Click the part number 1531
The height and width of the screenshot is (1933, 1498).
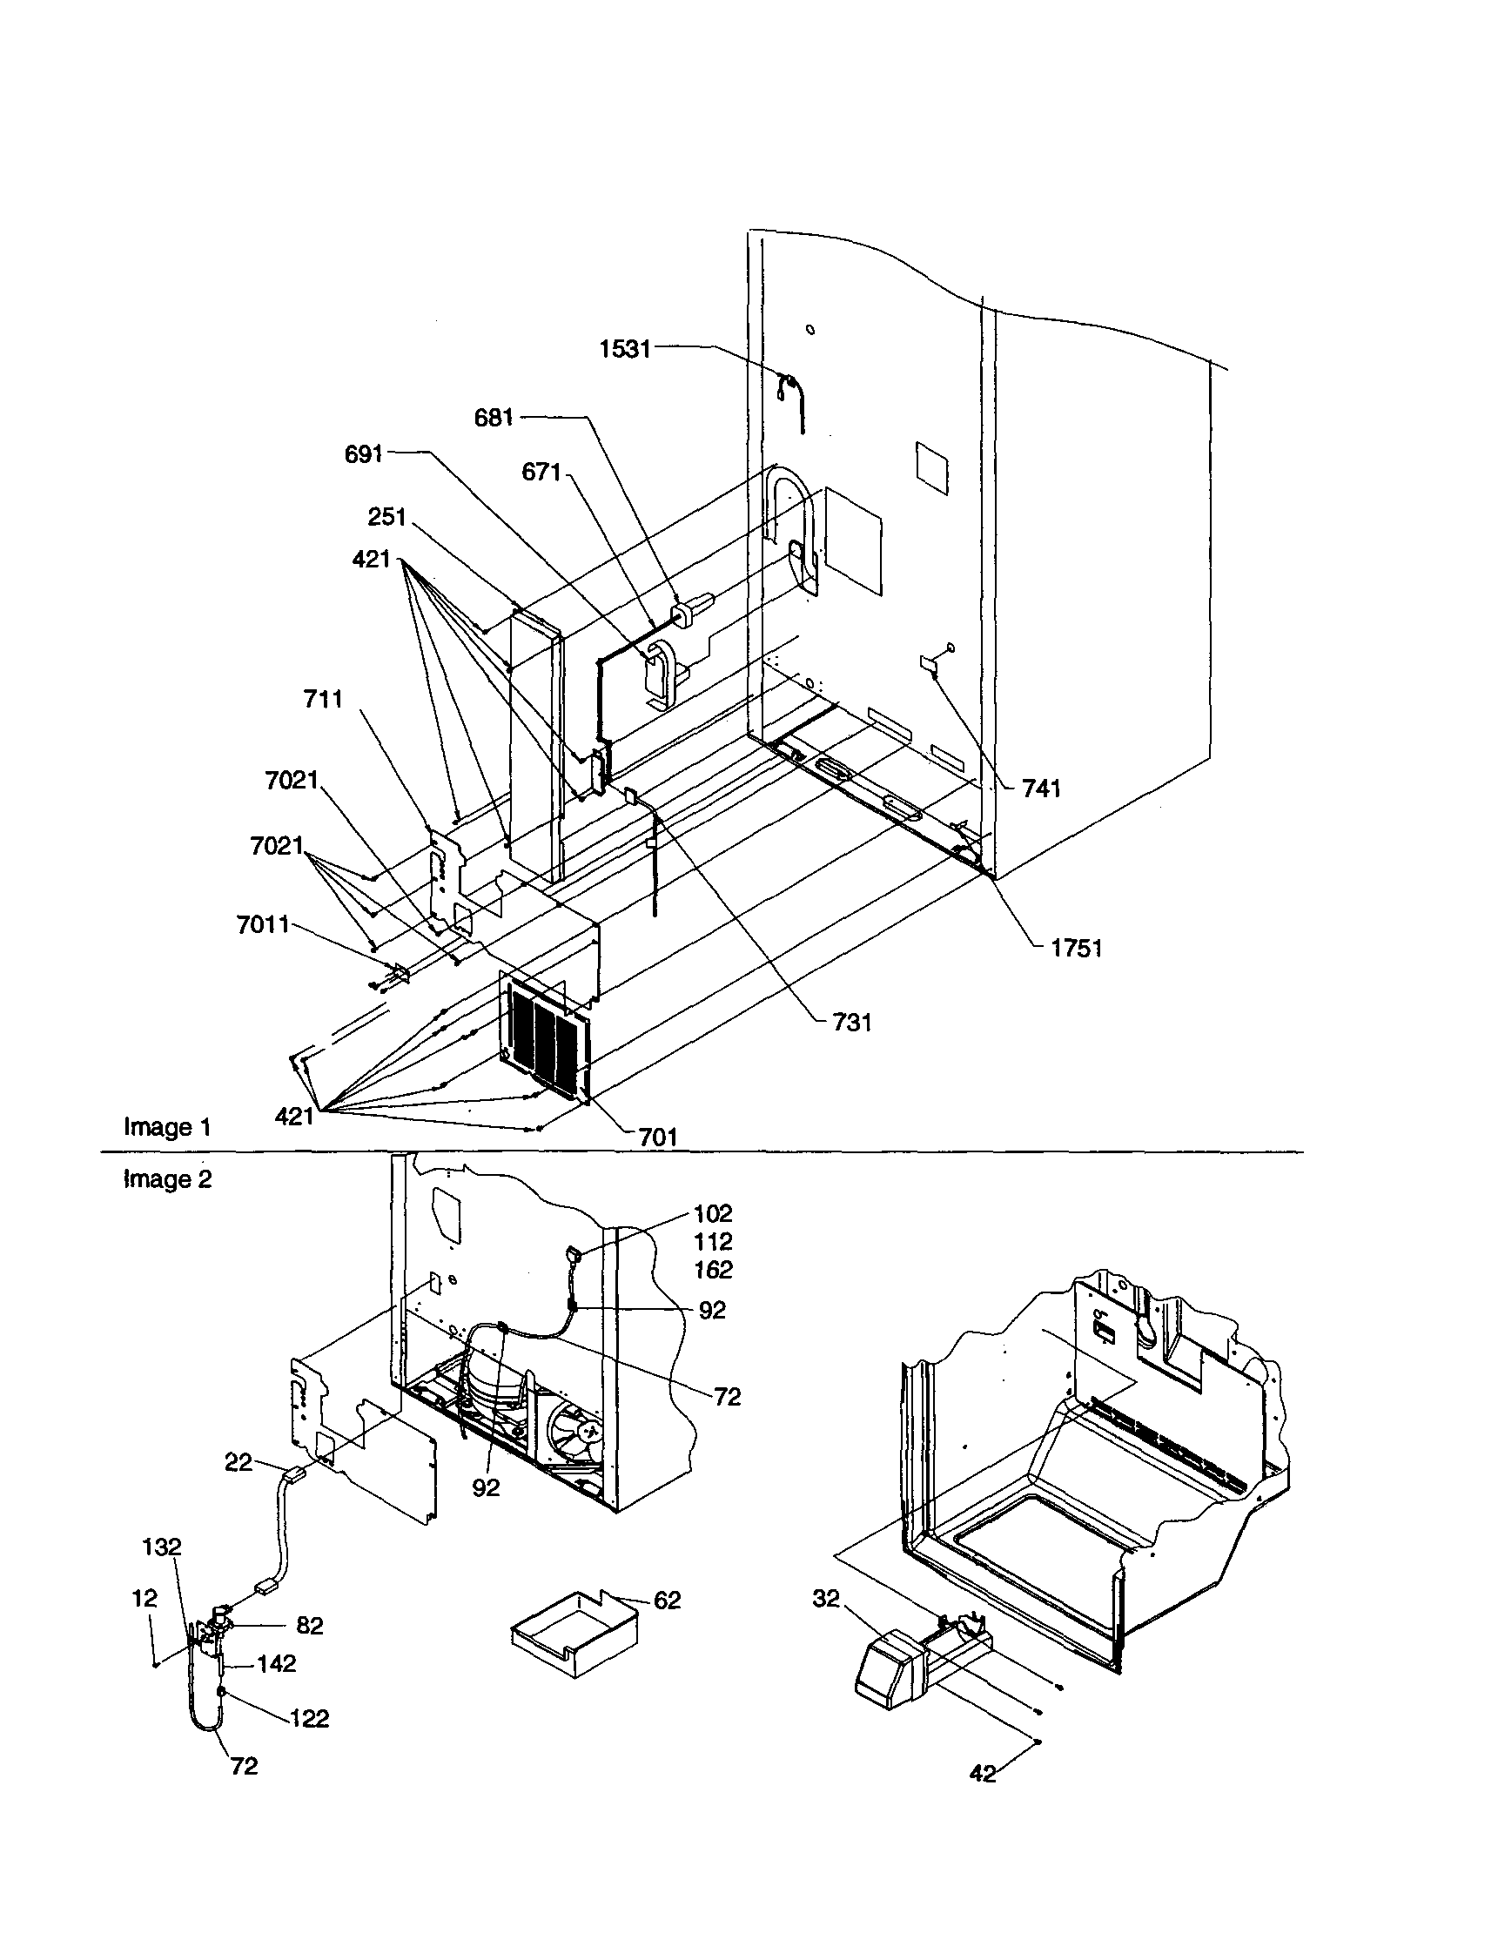pos(624,349)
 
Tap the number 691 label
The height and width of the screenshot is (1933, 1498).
pos(363,454)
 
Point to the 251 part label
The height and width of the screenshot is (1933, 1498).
pos(386,517)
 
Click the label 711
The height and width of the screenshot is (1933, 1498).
pos(322,699)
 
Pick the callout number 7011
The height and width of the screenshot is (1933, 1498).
pos(263,925)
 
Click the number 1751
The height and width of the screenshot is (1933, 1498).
pos(1076,948)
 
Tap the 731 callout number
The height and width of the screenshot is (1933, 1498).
pos(851,1023)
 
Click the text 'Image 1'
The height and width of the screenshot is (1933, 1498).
pos(167,1128)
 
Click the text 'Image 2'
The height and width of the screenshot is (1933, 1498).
pos(167,1179)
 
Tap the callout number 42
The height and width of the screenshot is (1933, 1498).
pos(983,1773)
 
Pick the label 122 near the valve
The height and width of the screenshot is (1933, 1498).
pos(309,1719)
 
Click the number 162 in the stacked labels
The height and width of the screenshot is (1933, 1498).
pos(713,1270)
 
